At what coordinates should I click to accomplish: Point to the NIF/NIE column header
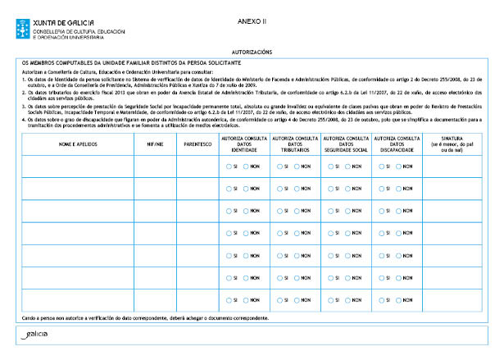pyautogui.click(x=153, y=143)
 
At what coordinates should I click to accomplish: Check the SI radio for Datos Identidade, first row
pyautogui.click(x=229, y=166)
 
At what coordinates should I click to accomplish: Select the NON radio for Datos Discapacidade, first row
pyautogui.click(x=397, y=166)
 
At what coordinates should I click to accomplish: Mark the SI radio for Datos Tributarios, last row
pyautogui.click(x=279, y=300)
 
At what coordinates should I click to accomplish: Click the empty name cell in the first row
pyautogui.click(x=77, y=166)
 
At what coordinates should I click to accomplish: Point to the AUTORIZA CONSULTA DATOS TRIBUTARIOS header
pyautogui.click(x=295, y=143)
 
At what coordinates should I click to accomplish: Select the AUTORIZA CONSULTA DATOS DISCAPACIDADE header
pyautogui.click(x=397, y=143)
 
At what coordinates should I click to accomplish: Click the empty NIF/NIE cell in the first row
pyautogui.click(x=153, y=166)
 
